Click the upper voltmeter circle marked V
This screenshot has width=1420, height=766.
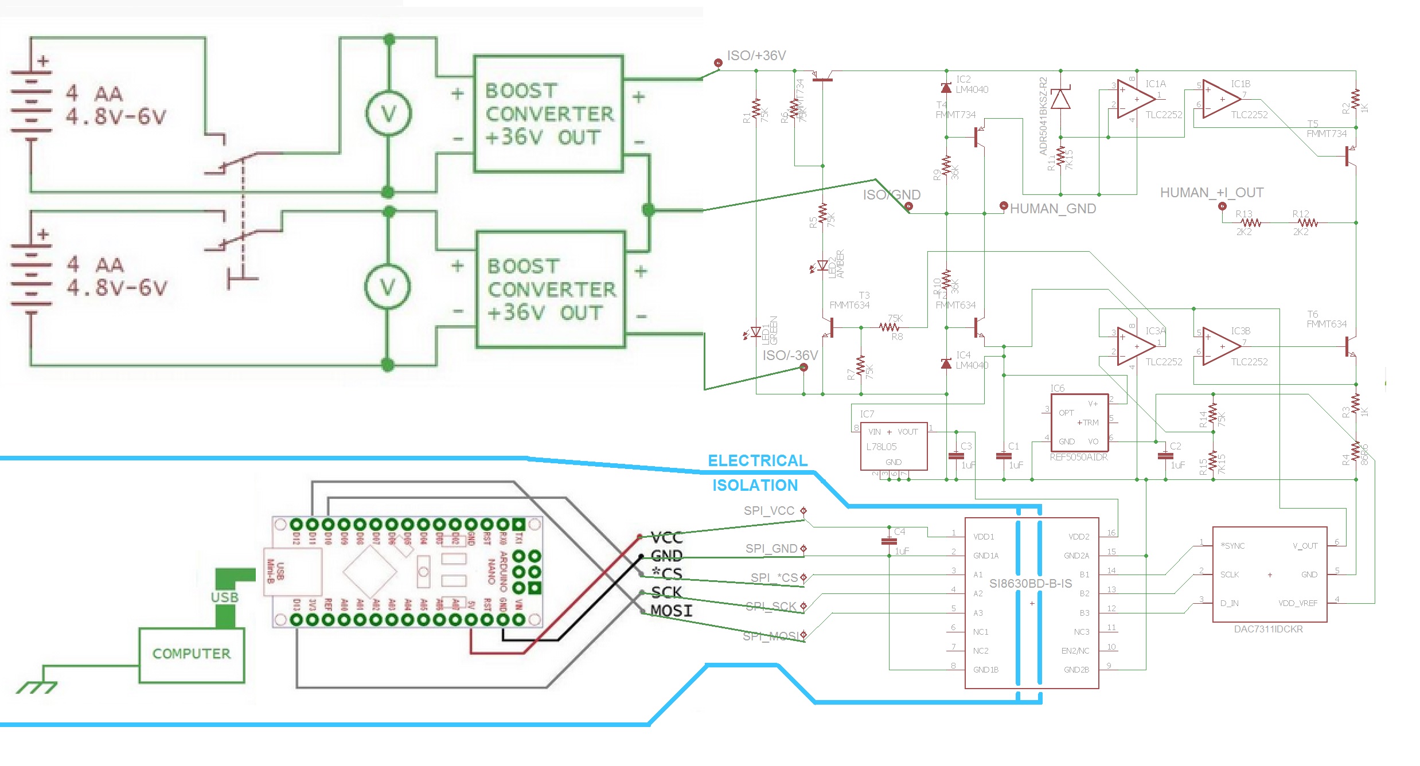pyautogui.click(x=389, y=114)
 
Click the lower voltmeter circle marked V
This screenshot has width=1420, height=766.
pyautogui.click(x=388, y=286)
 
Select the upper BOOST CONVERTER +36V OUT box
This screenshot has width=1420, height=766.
pyautogui.click(x=548, y=114)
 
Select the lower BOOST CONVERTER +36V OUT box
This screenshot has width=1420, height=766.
pyautogui.click(x=551, y=289)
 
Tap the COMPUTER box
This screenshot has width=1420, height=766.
pyautogui.click(x=192, y=654)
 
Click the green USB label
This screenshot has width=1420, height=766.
pyautogui.click(x=225, y=597)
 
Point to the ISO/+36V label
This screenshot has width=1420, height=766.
pyautogui.click(x=756, y=56)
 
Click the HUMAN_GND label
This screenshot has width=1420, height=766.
pyautogui.click(x=1052, y=209)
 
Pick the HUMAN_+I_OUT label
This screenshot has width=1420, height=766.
pyautogui.click(x=1211, y=193)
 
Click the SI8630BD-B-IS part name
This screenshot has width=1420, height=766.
pyautogui.click(x=1030, y=584)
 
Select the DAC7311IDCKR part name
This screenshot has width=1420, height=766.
pyautogui.click(x=1268, y=629)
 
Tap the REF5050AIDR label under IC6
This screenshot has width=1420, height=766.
pyautogui.click(x=1078, y=457)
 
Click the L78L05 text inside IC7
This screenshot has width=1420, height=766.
pyautogui.click(x=881, y=447)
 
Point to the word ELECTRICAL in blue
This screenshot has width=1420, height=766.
pyautogui.click(x=757, y=460)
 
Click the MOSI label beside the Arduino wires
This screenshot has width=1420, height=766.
pyautogui.click(x=671, y=611)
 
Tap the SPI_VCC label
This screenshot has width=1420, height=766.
pyautogui.click(x=768, y=510)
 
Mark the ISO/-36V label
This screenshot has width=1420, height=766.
pyautogui.click(x=790, y=355)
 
